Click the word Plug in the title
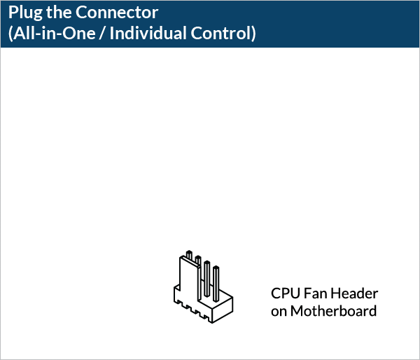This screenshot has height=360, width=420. click(24, 13)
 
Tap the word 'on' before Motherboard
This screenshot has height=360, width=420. click(279, 311)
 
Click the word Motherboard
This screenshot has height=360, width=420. click(334, 311)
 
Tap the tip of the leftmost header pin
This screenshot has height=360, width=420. click(188, 253)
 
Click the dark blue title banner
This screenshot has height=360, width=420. click(315, 23)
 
